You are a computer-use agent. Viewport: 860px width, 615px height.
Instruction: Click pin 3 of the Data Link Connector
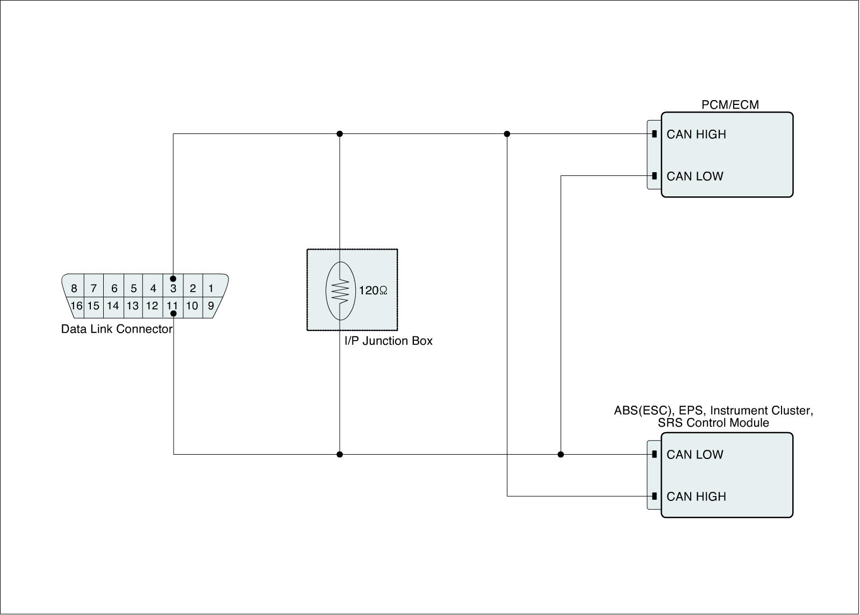(173, 288)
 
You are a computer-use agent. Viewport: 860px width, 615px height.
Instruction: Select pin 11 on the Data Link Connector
(172, 306)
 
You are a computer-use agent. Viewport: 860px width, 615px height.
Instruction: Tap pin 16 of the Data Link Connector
(76, 306)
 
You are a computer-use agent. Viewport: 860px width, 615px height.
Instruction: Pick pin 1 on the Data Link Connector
(211, 288)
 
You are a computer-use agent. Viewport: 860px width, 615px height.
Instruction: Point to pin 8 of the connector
(74, 288)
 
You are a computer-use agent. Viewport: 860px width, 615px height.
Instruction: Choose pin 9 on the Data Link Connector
(211, 306)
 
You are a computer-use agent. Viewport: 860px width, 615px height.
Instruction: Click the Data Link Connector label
(117, 329)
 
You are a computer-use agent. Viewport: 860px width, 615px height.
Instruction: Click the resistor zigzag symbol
(340, 291)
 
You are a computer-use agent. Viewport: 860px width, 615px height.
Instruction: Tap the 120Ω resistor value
(373, 291)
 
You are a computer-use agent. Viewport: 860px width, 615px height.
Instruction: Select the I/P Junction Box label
(388, 341)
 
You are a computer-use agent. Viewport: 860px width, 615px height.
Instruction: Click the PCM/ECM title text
(730, 104)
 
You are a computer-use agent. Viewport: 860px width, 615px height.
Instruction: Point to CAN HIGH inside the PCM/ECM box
(696, 134)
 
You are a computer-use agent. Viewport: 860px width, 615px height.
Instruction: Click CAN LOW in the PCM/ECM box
(695, 176)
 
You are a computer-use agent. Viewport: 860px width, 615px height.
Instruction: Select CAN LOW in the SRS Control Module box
(695, 454)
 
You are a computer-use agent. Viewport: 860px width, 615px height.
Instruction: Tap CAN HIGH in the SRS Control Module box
(696, 496)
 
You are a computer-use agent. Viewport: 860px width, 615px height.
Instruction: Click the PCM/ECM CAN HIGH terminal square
(654, 134)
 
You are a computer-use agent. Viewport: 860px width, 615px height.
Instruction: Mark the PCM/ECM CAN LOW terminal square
(654, 176)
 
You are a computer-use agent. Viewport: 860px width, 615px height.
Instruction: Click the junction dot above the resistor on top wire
(339, 133)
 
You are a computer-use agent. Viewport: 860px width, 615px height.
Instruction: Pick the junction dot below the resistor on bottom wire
(339, 454)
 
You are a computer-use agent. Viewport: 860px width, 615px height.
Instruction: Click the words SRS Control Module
(713, 423)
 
